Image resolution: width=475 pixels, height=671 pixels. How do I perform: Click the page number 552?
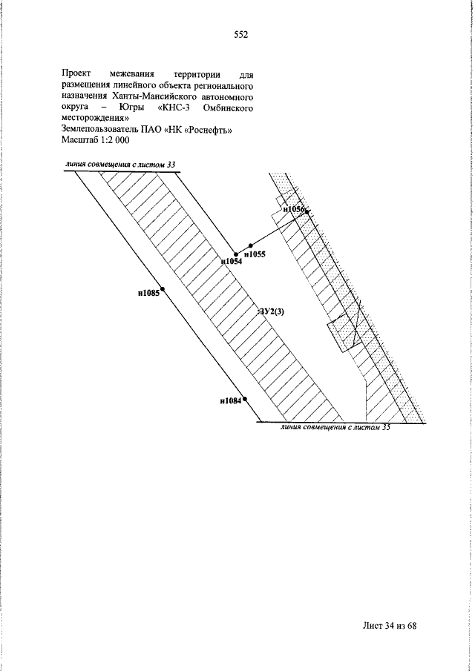point(240,35)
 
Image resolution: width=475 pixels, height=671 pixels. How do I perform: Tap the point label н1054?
point(232,262)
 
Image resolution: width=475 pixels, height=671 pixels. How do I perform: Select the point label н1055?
point(255,254)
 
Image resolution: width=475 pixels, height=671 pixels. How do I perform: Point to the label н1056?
point(293,209)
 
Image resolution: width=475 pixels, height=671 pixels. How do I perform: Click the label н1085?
point(148,293)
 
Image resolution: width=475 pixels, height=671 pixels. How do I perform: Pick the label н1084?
point(231,401)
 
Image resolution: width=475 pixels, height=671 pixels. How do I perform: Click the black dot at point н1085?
point(163,289)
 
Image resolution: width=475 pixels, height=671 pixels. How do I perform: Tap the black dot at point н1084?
point(245,399)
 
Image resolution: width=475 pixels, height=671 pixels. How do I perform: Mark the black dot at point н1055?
point(251,245)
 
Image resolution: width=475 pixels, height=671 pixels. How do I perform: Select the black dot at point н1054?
point(235,254)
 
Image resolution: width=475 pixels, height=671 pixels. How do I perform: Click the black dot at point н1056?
point(307,211)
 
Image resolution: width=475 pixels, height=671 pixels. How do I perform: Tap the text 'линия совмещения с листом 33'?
point(120,165)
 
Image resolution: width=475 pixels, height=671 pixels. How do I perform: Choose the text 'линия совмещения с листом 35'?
point(335,427)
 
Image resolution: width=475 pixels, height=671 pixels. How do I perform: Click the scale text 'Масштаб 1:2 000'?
point(95,140)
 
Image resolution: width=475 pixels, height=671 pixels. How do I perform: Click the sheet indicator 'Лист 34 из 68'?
point(390,626)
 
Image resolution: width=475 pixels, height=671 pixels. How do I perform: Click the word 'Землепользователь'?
point(99,130)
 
